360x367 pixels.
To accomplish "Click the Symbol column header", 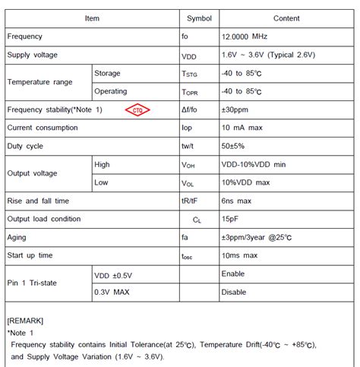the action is [x=200, y=17].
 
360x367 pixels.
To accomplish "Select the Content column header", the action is [x=286, y=17].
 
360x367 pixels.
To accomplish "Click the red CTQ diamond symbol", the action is [x=137, y=109].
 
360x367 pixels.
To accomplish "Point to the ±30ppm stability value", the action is [x=236, y=109].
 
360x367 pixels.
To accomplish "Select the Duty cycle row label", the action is [x=25, y=146].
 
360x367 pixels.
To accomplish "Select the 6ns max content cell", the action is [x=238, y=201].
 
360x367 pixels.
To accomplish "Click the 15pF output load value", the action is [x=231, y=219].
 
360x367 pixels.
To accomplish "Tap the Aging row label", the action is [x=18, y=237].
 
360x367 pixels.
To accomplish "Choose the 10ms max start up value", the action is [x=240, y=255].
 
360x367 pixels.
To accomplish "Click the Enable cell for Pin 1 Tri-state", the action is [x=234, y=274].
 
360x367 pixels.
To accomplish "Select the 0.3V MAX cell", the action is [x=112, y=292].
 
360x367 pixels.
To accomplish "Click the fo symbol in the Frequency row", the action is [x=185, y=36].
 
